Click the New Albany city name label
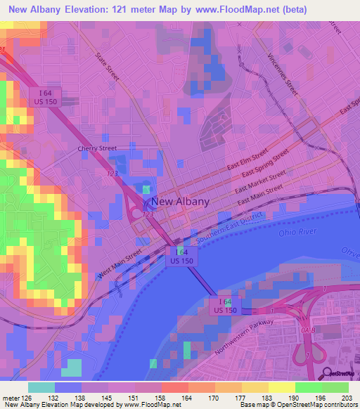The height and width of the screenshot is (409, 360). pos(180,201)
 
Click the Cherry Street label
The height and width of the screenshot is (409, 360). pos(94,150)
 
